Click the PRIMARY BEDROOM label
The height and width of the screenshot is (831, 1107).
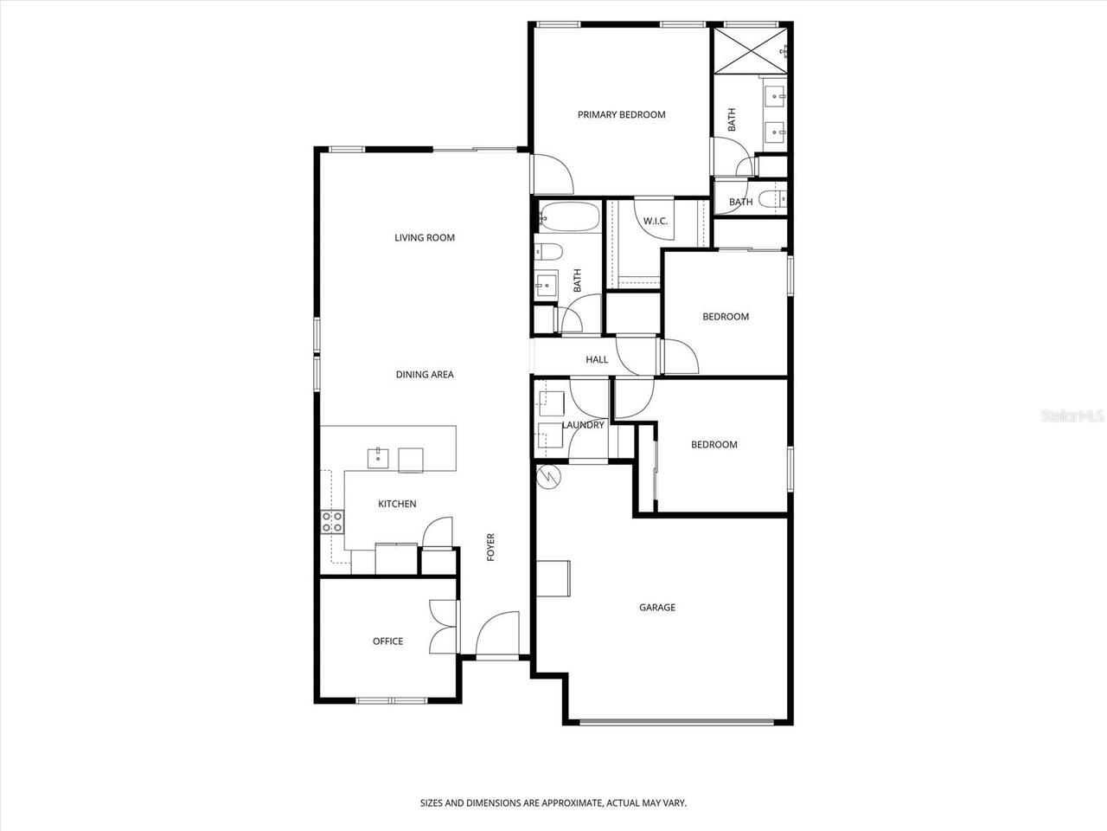pyautogui.click(x=621, y=114)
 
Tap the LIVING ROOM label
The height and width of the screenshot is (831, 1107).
pyautogui.click(x=425, y=238)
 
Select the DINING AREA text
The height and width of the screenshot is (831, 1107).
pyautogui.click(x=425, y=375)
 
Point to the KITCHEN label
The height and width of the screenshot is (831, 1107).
pyautogui.click(x=397, y=504)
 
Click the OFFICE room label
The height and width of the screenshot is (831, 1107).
pyautogui.click(x=387, y=641)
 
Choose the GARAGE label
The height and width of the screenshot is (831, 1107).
pyautogui.click(x=657, y=608)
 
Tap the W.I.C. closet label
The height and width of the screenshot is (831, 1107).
pyautogui.click(x=656, y=222)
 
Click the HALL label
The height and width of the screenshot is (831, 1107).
pyautogui.click(x=597, y=359)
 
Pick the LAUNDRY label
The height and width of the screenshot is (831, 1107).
pyautogui.click(x=583, y=425)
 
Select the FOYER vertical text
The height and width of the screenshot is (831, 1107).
pyautogui.click(x=491, y=547)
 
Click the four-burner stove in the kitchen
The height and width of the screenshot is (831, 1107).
pyautogui.click(x=333, y=521)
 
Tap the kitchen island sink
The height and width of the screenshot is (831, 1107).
pyautogui.click(x=379, y=458)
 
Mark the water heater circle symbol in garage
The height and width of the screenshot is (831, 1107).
pyautogui.click(x=548, y=477)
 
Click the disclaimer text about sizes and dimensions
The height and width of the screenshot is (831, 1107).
pyautogui.click(x=553, y=803)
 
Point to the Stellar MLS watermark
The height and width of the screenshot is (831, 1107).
pyautogui.click(x=1072, y=415)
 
